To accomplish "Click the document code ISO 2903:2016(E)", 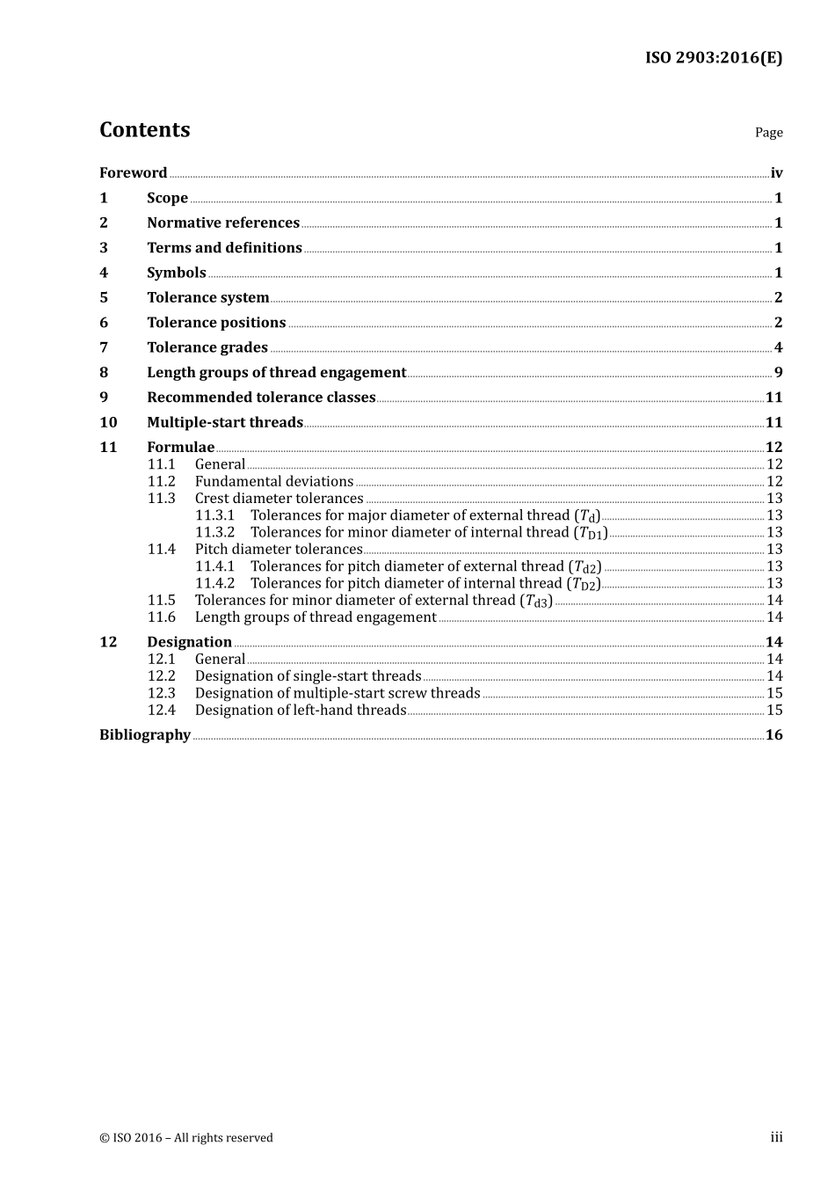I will pos(713,58).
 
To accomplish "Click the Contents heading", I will pos(144,130).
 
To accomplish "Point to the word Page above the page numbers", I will pos(768,133).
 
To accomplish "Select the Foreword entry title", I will pos(133,173).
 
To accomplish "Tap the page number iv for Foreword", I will pos(776,173).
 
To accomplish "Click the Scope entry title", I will pos(167,198).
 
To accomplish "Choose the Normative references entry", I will pos(222,223).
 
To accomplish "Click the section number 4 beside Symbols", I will pos(104,273).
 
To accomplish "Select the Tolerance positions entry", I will pos(216,323).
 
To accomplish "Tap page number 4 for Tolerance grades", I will pos(778,347).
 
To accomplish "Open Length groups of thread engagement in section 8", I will pos(276,373).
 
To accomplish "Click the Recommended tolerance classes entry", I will pos(261,398).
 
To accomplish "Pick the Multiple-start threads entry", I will pos(224,422).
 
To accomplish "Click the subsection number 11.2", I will pos(161,482).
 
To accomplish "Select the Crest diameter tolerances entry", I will pos(279,499).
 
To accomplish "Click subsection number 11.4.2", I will pos(214,583).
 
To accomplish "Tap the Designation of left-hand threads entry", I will pos(300,711).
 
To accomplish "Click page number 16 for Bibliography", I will pos(773,735).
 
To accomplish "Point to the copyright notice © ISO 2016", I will pos(185,1138).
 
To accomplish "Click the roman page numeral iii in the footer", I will pos(776,1138).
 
